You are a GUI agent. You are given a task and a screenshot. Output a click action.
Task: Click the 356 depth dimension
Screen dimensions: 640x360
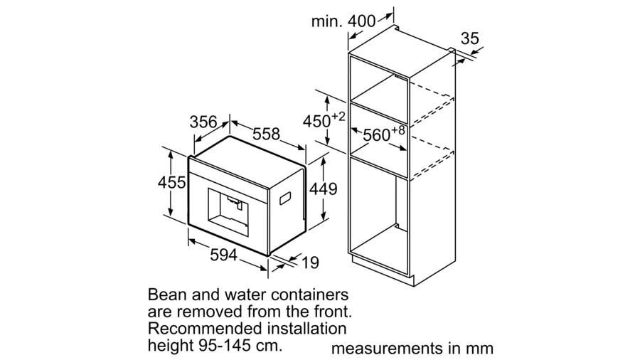click(x=203, y=122)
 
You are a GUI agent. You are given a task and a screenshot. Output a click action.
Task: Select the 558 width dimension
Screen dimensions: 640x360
click(x=266, y=134)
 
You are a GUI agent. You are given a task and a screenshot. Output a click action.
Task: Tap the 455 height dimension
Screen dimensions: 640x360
click(x=172, y=182)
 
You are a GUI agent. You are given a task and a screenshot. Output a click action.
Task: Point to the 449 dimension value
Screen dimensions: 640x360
click(x=324, y=189)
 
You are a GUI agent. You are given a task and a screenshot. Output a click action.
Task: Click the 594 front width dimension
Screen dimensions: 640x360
click(x=224, y=255)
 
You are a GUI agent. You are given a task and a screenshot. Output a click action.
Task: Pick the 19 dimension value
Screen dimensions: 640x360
click(x=310, y=263)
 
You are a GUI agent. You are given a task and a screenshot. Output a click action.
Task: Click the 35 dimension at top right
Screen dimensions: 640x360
click(x=470, y=38)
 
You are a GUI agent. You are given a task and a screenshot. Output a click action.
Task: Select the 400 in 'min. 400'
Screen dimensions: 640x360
click(x=362, y=21)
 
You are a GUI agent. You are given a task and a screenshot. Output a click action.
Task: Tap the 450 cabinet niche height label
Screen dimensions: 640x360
click(x=316, y=122)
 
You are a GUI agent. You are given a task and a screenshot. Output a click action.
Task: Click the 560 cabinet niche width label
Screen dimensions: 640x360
click(x=377, y=134)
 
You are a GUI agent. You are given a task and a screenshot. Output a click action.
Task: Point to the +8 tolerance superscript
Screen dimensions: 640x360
click(x=398, y=131)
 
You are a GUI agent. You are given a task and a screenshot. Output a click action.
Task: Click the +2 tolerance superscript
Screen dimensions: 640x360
click(x=338, y=117)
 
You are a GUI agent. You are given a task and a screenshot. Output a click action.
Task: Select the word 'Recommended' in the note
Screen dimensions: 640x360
click(x=203, y=328)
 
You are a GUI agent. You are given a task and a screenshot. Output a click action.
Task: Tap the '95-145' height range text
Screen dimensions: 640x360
click(x=223, y=345)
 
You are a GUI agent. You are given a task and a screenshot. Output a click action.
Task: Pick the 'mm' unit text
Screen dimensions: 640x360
click(x=481, y=349)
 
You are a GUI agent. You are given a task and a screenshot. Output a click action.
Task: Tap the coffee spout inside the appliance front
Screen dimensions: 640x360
click(x=233, y=201)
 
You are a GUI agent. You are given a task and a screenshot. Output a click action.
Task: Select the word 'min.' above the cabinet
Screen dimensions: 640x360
click(x=327, y=21)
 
